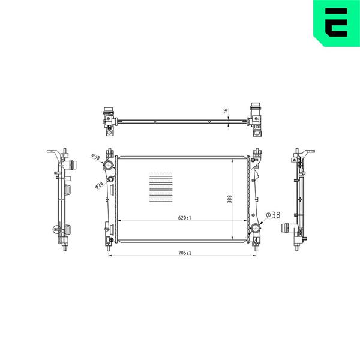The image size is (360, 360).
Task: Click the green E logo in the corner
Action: coord(337,23)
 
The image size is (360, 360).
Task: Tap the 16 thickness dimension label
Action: coord(226,110)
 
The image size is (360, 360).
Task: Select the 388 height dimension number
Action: coord(229,199)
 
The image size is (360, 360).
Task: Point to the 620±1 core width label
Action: coord(185,218)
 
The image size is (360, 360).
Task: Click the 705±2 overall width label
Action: coord(185,253)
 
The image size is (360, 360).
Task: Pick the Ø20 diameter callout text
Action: coord(99,185)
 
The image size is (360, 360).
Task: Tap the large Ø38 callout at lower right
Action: coord(273,215)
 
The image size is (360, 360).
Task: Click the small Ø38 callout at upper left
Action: coord(95,157)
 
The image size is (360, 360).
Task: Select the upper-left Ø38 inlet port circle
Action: coord(107,165)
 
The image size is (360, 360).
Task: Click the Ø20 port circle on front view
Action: coord(111,179)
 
